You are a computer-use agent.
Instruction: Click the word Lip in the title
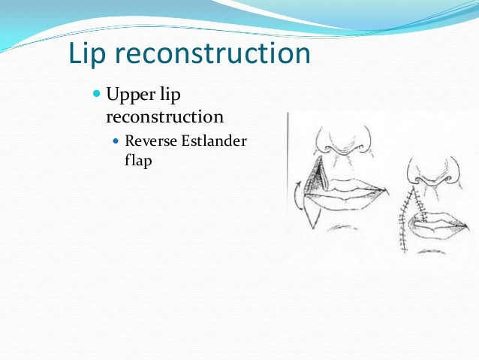point(86,54)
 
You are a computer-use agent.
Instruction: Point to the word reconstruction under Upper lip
point(164,117)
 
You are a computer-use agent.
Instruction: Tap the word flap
point(138,160)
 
